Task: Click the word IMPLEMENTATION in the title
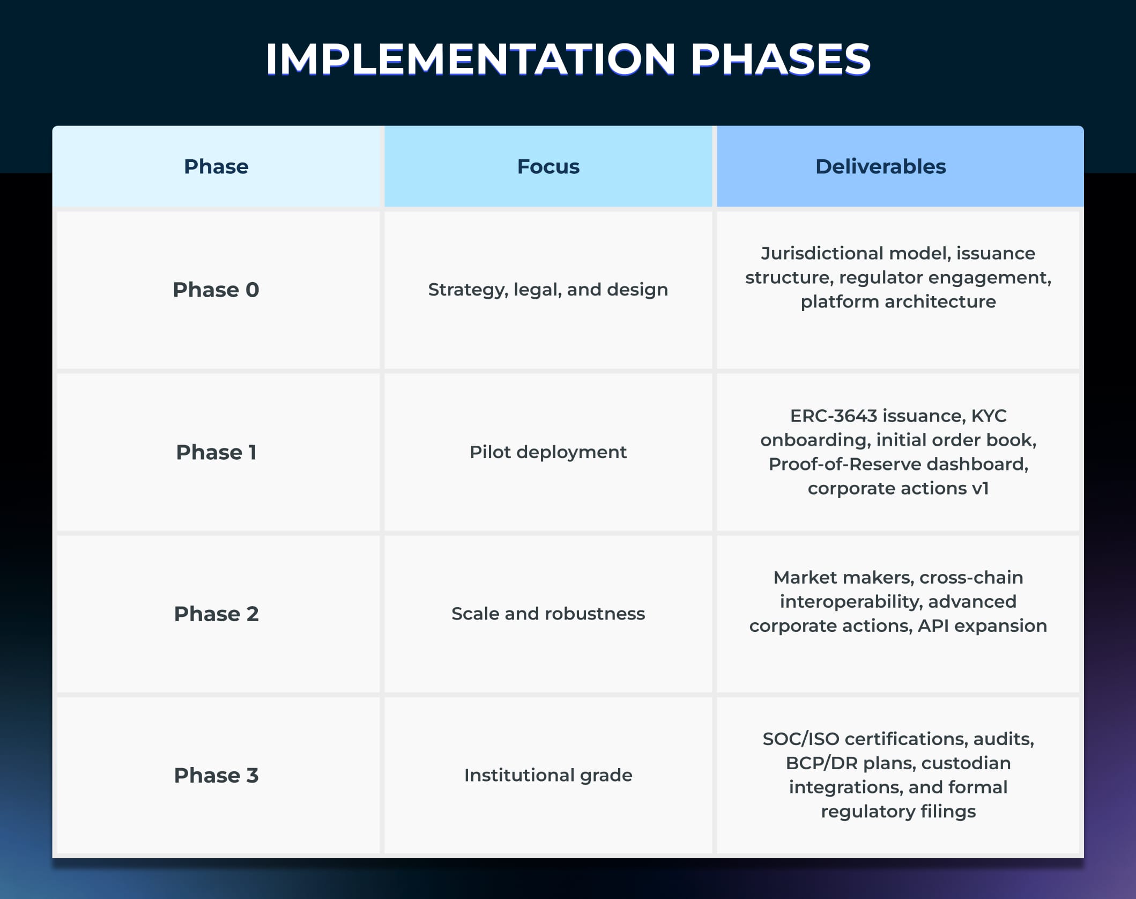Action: tap(470, 58)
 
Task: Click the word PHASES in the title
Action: tap(780, 58)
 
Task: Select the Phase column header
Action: tap(216, 167)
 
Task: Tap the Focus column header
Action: tap(548, 167)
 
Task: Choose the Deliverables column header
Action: tap(880, 167)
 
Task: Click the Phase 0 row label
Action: tap(216, 290)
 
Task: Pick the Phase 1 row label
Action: tap(216, 452)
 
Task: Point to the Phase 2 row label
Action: tap(216, 614)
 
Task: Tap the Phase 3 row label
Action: tap(216, 775)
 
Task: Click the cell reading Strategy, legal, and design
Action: tap(548, 290)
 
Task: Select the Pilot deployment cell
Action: tap(548, 452)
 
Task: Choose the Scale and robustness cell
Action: tap(548, 614)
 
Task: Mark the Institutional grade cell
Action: tap(548, 775)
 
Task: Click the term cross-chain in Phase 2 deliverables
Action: tap(971, 577)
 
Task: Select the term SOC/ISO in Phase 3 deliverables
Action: tap(800, 739)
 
